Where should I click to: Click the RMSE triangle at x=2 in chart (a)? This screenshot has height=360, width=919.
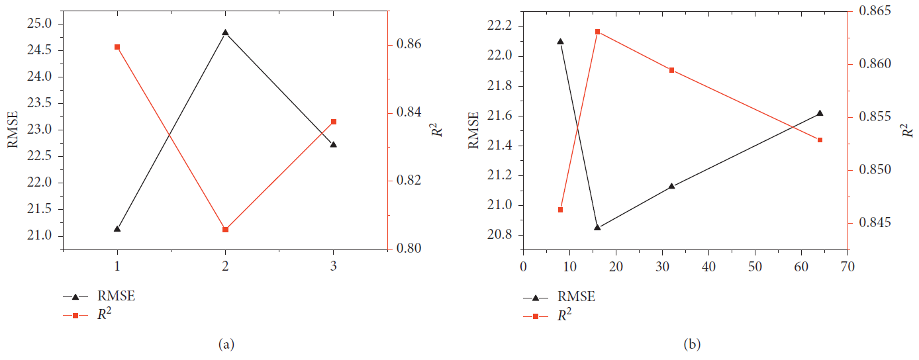click(225, 32)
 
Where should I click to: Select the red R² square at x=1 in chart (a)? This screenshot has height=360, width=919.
click(117, 47)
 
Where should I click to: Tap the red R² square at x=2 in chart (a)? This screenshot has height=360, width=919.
click(225, 229)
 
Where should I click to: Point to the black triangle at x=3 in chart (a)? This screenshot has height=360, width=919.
click(333, 144)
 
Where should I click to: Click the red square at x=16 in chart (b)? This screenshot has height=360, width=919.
click(597, 32)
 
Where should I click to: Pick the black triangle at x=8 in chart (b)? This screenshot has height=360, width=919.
click(560, 41)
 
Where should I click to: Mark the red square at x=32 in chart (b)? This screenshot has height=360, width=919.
click(671, 70)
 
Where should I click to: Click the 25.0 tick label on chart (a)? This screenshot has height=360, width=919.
click(43, 24)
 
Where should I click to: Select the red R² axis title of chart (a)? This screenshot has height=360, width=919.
click(437, 129)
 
